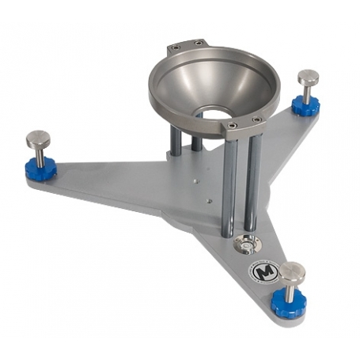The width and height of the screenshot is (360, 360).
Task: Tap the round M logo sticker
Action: point(262,271)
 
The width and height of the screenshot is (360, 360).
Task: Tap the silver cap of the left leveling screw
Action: point(37,139)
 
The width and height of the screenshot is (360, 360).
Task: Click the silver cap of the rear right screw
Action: point(308,78)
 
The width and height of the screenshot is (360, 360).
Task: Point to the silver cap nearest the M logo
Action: point(292,271)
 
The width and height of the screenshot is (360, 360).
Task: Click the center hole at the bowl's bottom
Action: point(214,113)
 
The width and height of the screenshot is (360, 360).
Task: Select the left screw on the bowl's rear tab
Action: point(176,48)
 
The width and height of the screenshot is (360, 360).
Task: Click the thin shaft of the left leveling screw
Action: point(38,153)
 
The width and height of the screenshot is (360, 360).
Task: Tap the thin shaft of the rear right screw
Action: point(307,91)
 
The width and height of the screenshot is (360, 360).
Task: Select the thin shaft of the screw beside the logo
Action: point(291,290)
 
